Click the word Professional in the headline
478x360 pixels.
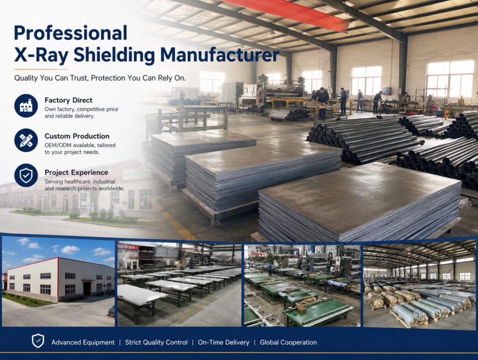(x=71, y=33)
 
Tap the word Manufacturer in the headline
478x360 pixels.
(x=220, y=55)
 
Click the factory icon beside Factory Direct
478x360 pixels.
(x=26, y=106)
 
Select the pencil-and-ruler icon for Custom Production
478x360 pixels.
(x=26, y=141)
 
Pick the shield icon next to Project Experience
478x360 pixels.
(x=26, y=176)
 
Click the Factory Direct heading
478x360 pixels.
(x=68, y=100)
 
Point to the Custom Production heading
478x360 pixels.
(x=77, y=136)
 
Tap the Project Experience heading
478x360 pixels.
(x=76, y=172)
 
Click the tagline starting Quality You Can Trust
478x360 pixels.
(x=100, y=78)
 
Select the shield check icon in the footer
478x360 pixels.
(x=38, y=341)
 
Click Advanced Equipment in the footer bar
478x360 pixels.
(x=83, y=342)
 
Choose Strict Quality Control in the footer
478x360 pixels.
(x=156, y=342)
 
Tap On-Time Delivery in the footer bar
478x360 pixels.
(x=224, y=342)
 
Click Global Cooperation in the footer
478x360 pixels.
(x=288, y=342)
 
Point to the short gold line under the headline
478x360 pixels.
(x=41, y=69)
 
